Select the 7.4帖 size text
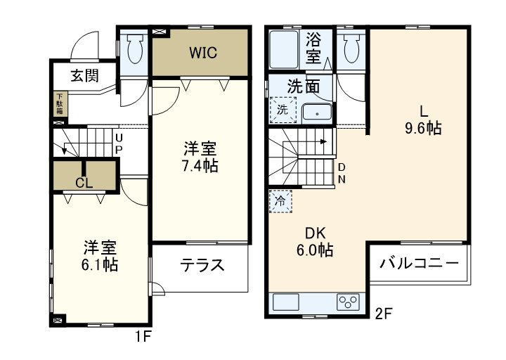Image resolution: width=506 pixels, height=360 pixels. (x=200, y=166)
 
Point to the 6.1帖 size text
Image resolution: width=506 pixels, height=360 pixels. (x=100, y=265)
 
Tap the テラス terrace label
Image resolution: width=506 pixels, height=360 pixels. (x=202, y=266)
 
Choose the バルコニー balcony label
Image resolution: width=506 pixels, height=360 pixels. (x=420, y=264)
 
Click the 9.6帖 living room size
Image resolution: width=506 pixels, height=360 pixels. (x=423, y=128)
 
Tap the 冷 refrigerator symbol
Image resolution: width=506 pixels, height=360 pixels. (x=280, y=200)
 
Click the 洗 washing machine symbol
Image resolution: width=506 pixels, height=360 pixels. (x=281, y=110)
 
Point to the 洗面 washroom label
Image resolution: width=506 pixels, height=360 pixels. (x=304, y=86)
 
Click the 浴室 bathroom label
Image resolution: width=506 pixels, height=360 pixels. (x=313, y=48)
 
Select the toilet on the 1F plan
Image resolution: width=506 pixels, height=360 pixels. (x=133, y=49)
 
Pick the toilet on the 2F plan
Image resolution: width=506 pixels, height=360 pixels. (x=351, y=49)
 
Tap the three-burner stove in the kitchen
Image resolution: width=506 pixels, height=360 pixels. (x=347, y=302)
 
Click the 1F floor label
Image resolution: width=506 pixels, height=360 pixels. (x=143, y=337)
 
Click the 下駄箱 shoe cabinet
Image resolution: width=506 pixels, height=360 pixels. (x=60, y=104)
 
